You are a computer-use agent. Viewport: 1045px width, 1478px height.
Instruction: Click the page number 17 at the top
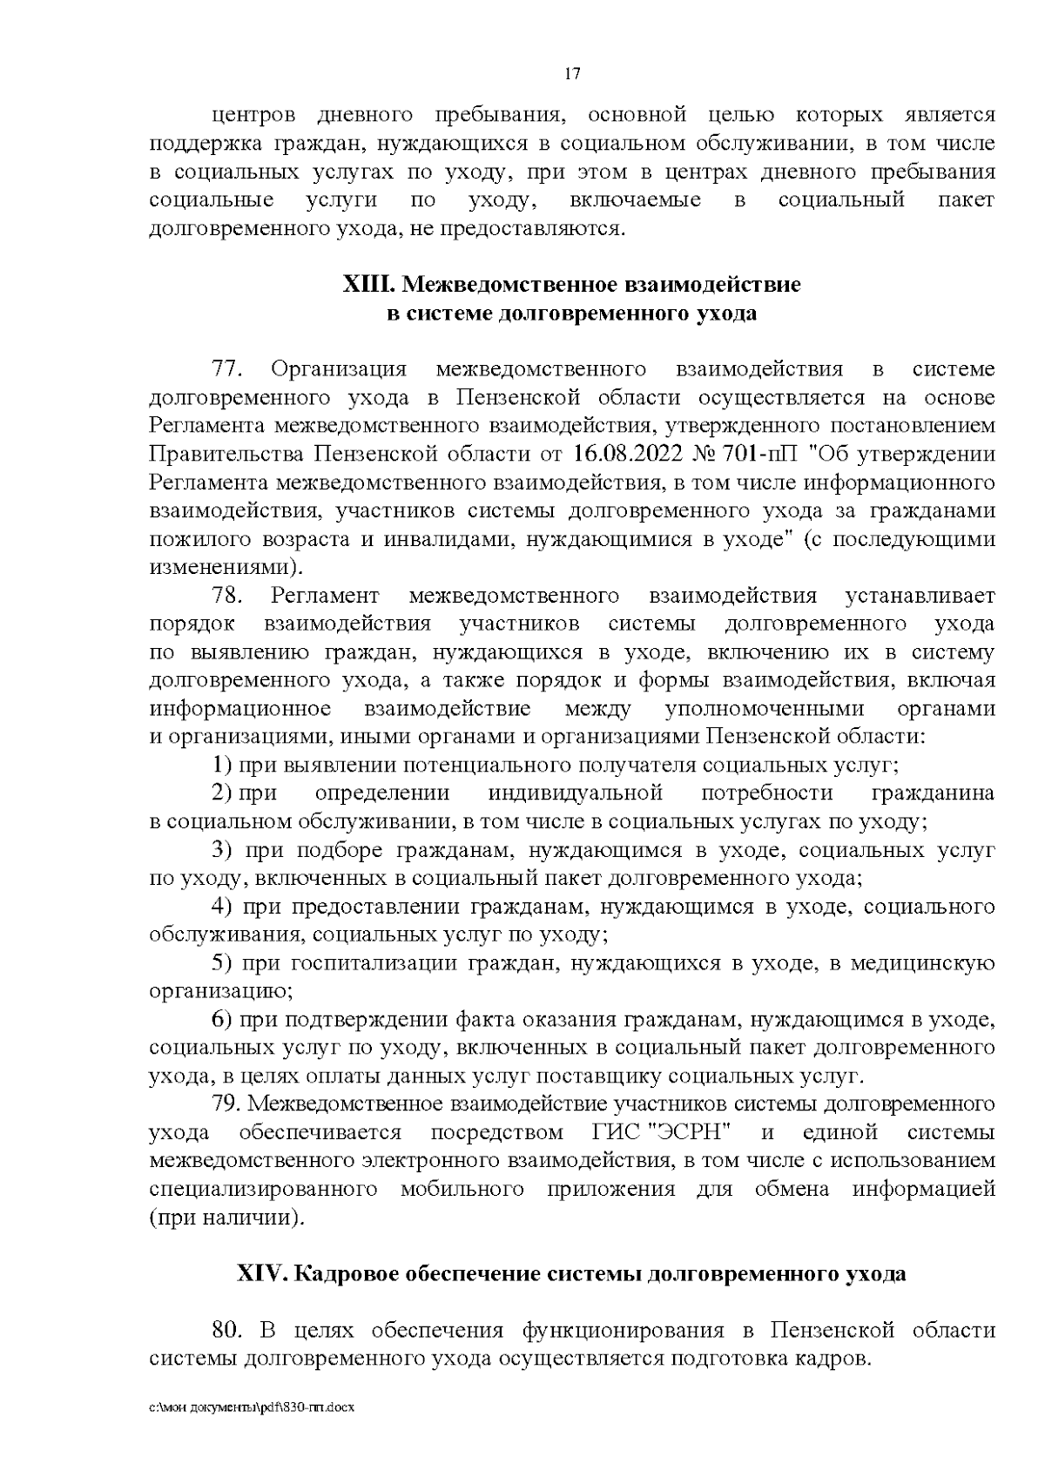click(x=572, y=74)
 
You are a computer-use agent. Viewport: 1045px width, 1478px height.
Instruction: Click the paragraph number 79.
click(x=226, y=1104)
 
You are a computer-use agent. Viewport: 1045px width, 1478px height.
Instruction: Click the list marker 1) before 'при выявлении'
click(x=221, y=766)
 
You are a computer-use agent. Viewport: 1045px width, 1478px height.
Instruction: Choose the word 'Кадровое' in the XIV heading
click(x=347, y=1273)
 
